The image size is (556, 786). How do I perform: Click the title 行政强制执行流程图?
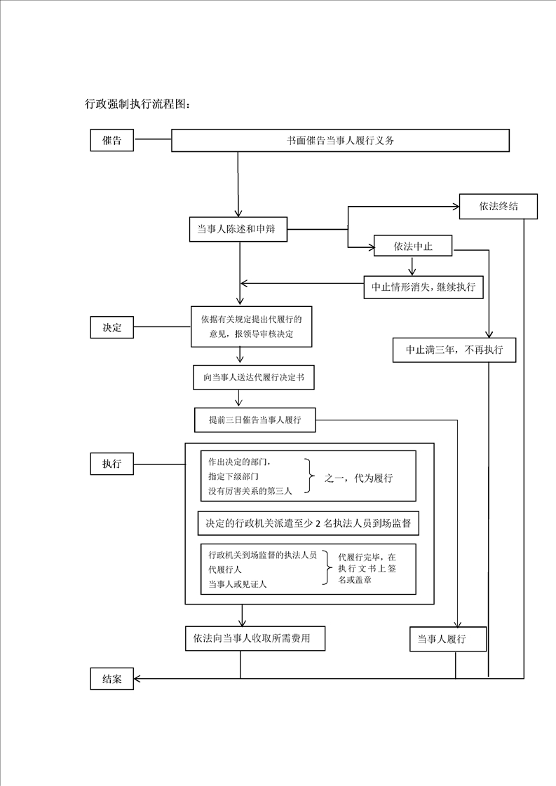point(137,104)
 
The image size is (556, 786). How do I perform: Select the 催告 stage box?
point(111,140)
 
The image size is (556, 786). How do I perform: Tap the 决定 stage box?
point(111,326)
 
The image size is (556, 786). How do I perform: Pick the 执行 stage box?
point(111,463)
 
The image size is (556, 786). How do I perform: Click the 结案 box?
point(111,678)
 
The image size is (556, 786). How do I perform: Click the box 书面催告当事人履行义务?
point(340,140)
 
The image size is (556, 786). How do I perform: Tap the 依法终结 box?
point(498,207)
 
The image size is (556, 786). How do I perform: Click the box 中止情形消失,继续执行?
point(423,287)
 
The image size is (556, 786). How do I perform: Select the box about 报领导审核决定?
point(251,327)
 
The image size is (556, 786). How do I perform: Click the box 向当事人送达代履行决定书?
point(253,377)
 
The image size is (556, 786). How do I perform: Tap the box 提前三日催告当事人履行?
point(255,420)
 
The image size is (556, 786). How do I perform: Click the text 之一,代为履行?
point(358,478)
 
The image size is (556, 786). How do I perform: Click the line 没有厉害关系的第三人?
point(250,490)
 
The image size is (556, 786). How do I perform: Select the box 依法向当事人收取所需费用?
point(255,638)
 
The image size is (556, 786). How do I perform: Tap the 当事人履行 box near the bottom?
point(447,640)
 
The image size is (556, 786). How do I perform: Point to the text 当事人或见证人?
point(238,584)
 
